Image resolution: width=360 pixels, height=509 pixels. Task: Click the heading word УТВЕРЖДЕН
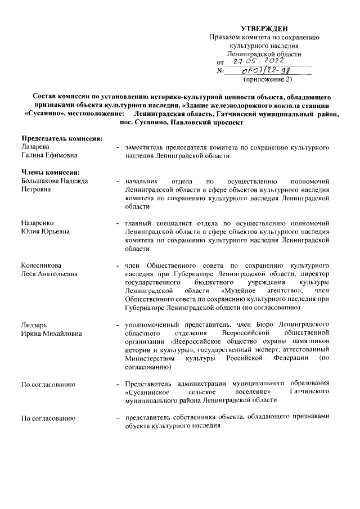coord(264,28)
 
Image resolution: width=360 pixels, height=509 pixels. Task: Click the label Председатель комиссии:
coord(62,138)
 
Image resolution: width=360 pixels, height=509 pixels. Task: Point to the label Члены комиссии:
coord(51,172)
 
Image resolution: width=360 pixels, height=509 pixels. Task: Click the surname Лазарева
coord(35,146)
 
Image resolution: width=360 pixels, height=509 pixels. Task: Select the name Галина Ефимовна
coord(49,155)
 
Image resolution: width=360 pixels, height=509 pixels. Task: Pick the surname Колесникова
coord(42,265)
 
